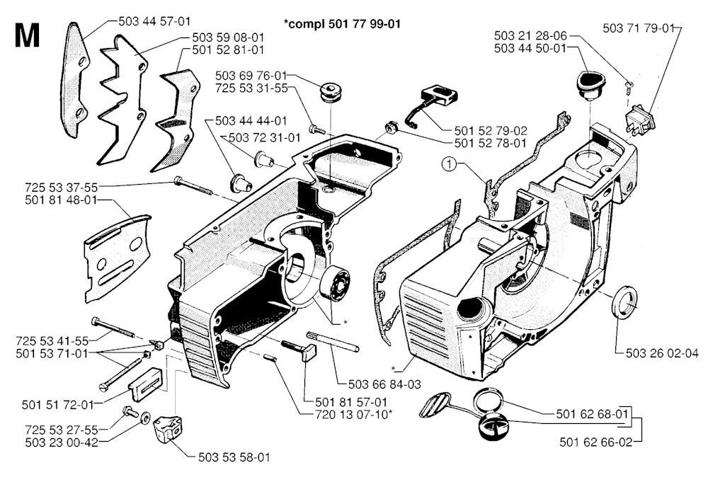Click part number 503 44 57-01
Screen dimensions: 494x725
coord(154,23)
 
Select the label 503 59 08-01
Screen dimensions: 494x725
coord(228,37)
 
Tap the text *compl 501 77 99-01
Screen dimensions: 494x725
coord(342,23)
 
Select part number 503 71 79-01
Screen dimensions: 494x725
coord(639,28)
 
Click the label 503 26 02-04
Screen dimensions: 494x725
coord(662,353)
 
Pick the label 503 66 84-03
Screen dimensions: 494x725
coord(385,384)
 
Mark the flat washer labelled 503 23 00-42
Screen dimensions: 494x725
coord(145,418)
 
